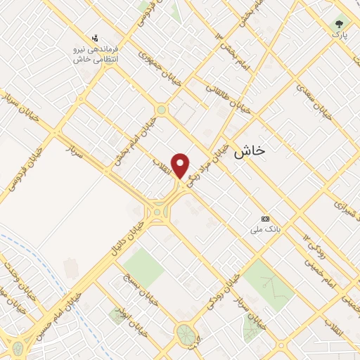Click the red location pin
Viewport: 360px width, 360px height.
181,165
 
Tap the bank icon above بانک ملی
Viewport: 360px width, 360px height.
265,219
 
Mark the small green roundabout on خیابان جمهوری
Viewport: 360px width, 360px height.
162,109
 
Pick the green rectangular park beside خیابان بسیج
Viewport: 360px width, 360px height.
143,266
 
